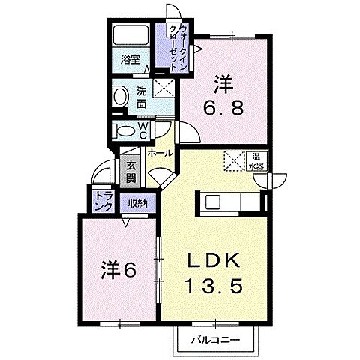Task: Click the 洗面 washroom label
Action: (x=142, y=99)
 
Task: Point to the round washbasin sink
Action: (x=120, y=96)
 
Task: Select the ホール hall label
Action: (x=160, y=153)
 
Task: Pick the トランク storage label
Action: (x=103, y=199)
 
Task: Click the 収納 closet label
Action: (x=136, y=202)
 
